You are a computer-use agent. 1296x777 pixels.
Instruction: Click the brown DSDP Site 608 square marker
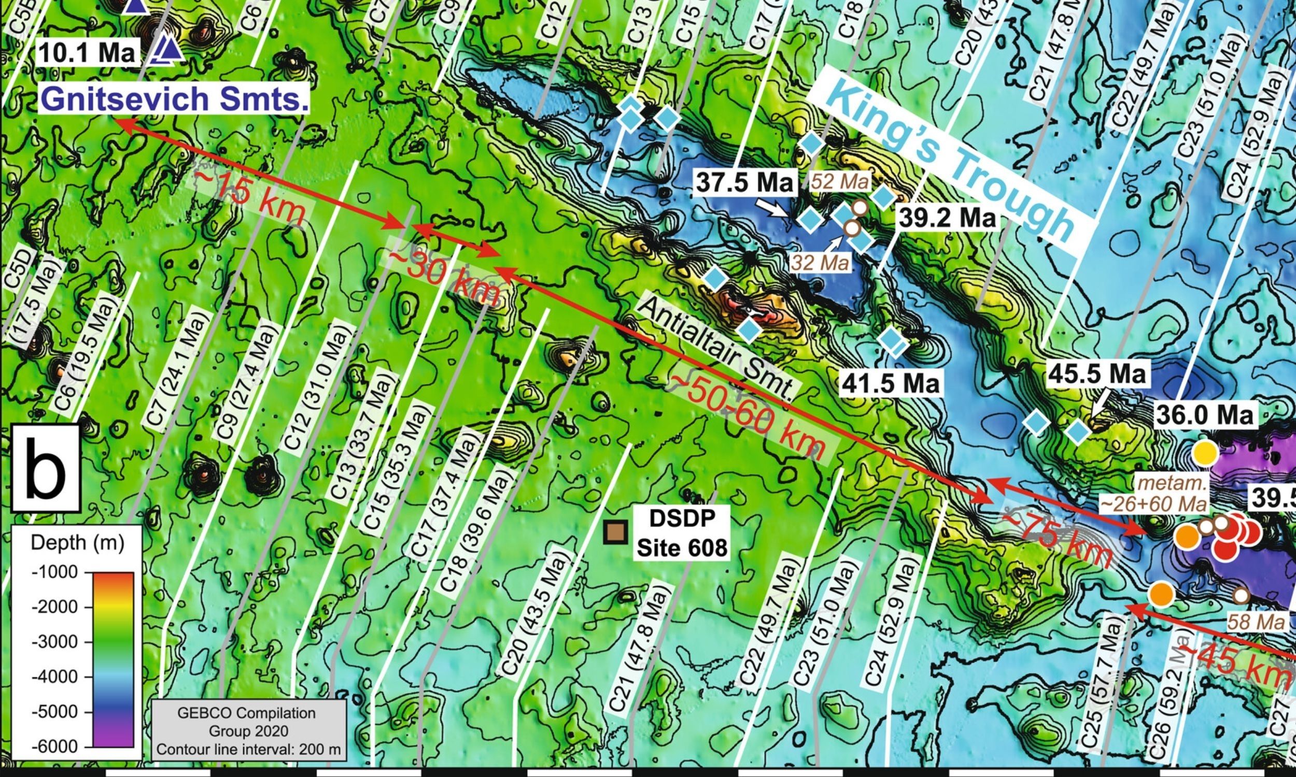[x=615, y=532]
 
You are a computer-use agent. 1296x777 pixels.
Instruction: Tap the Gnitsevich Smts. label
[x=173, y=99]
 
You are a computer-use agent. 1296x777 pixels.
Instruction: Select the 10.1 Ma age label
[x=87, y=52]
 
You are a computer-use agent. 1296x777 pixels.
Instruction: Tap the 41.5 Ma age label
[x=890, y=384]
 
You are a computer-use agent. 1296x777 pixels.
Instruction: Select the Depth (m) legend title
[x=77, y=543]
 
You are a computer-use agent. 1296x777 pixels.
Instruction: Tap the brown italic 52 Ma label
[x=840, y=182]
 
